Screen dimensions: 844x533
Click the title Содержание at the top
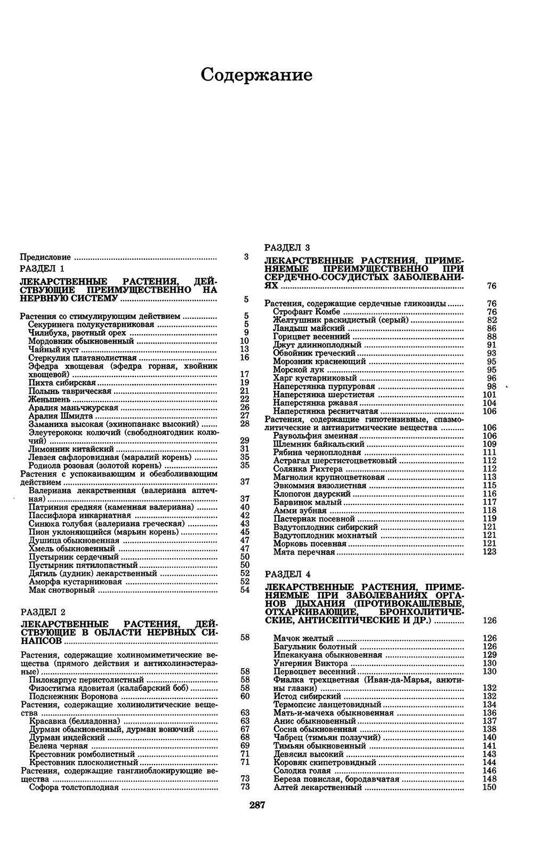tap(256, 75)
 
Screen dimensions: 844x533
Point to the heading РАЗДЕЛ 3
tap(287, 247)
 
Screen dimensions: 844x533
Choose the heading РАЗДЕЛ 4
tap(287, 575)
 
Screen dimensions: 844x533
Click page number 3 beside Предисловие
tap(246, 256)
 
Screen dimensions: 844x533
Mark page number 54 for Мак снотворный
tap(245, 590)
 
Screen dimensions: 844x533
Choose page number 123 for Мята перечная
tap(489, 552)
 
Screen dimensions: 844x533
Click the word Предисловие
tap(45, 257)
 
